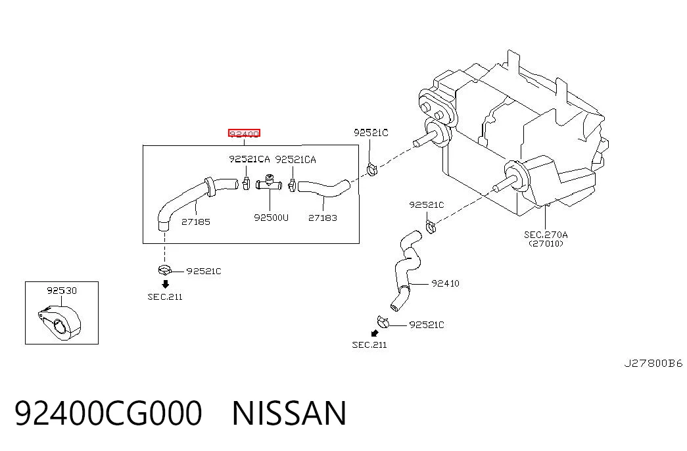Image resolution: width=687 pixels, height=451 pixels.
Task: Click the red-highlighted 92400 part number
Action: (244, 133)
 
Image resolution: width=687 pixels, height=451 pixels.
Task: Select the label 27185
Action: (196, 222)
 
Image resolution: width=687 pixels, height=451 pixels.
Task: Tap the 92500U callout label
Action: (272, 218)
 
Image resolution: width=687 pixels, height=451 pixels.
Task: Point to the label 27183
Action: (323, 218)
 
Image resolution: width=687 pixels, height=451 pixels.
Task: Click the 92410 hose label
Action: (446, 283)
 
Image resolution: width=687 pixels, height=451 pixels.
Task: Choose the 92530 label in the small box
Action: (62, 291)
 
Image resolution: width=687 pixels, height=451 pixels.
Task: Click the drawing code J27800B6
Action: (653, 364)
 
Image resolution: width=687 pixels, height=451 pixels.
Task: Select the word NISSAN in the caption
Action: (289, 413)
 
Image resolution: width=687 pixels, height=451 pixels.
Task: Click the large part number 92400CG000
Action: (108, 413)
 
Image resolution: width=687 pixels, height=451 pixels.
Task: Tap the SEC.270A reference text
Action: (546, 235)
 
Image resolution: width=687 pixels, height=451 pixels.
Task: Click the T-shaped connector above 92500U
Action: (269, 183)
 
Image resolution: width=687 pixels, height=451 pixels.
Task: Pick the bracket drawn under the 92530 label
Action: (59, 322)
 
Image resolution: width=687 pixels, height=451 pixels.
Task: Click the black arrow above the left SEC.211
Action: (165, 284)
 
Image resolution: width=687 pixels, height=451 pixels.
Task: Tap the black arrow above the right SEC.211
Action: (375, 333)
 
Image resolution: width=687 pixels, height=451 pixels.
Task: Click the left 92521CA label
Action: (249, 159)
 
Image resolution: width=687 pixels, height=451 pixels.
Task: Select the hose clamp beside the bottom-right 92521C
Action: (383, 322)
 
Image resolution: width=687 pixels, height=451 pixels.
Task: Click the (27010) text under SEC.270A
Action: (546, 244)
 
